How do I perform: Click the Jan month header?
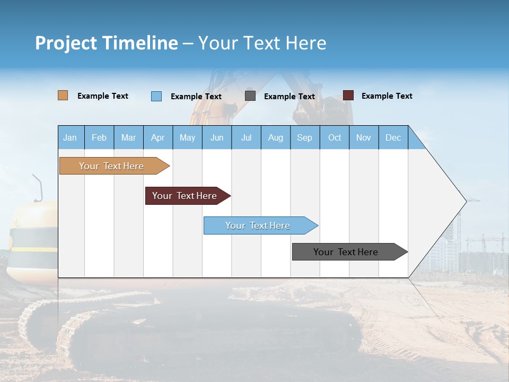tap(70, 137)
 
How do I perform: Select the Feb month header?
tap(99, 137)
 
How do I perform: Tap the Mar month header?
tap(128, 137)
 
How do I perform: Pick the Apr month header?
tap(157, 137)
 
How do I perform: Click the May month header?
tap(187, 137)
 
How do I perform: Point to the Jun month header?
tap(217, 137)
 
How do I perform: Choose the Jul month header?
tap(246, 137)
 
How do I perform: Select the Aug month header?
tap(276, 137)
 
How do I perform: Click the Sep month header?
tap(305, 137)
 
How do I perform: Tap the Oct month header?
tap(335, 137)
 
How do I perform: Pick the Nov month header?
tap(364, 137)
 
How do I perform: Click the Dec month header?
tap(393, 137)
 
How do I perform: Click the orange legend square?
tap(63, 95)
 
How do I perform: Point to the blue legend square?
tap(156, 96)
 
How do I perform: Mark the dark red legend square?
tap(348, 95)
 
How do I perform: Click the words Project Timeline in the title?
tap(107, 43)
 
